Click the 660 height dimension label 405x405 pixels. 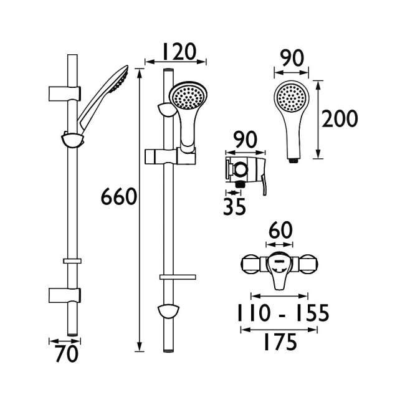[118, 196]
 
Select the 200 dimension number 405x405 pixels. [340, 118]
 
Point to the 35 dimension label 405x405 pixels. [234, 207]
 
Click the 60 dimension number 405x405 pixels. [280, 231]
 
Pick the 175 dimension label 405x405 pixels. [280, 343]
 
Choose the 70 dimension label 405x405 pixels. [66, 354]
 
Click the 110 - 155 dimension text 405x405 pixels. [283, 313]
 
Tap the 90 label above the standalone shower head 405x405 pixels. [291, 59]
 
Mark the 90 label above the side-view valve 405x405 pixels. [245, 140]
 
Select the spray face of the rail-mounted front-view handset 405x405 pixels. [187, 97]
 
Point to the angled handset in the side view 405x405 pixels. [103, 98]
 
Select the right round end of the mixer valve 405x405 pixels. [310, 265]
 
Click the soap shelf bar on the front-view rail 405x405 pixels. [178, 277]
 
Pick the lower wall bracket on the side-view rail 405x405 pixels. [65, 295]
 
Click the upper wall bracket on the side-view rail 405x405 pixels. [65, 93]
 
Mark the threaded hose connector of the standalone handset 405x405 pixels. [293, 160]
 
